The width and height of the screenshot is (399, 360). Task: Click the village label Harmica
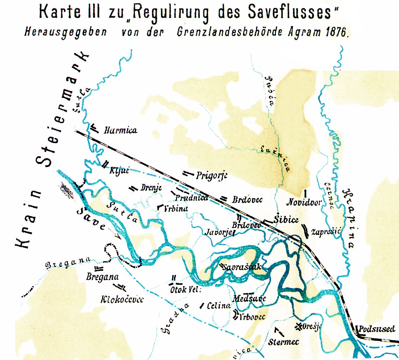pyautogui.click(x=120, y=130)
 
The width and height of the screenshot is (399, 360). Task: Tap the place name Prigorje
pyautogui.click(x=212, y=176)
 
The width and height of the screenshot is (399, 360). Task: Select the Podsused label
pyautogui.click(x=377, y=329)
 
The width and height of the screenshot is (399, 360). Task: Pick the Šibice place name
pyautogui.click(x=286, y=219)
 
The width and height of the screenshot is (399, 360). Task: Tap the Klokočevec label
pyautogui.click(x=122, y=299)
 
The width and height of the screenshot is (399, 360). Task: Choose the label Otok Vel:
pyautogui.click(x=185, y=290)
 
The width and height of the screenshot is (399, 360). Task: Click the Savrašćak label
pyautogui.click(x=242, y=267)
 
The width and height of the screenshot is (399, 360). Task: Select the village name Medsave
pyautogui.click(x=249, y=298)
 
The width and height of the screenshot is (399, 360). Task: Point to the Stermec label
pyautogui.click(x=283, y=342)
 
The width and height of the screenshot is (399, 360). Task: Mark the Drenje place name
pyautogui.click(x=151, y=188)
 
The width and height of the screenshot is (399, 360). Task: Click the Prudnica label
pyautogui.click(x=192, y=198)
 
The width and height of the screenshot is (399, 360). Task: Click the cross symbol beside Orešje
pyautogui.click(x=299, y=326)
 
